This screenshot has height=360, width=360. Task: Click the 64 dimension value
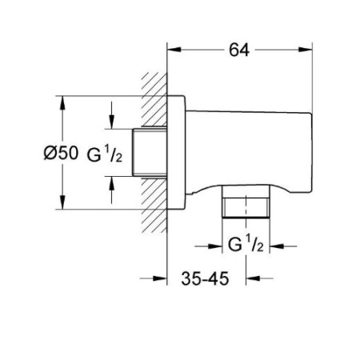click(239, 50)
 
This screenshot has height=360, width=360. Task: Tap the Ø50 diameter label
click(61, 153)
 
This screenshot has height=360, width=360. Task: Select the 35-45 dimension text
click(205, 278)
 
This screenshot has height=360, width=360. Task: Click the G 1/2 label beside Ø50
click(105, 154)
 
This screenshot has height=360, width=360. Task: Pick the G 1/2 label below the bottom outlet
click(246, 245)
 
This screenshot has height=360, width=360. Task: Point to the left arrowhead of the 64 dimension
click(174, 50)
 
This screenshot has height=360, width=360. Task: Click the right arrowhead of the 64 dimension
click(305, 50)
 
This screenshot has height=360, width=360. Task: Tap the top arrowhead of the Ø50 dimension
click(62, 102)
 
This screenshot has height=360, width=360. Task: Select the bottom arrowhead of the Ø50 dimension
click(62, 202)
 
